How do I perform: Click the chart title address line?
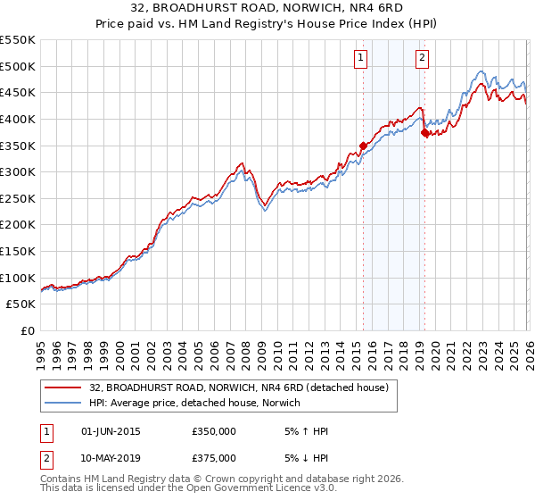click(267, 9)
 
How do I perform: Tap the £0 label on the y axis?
click(29, 330)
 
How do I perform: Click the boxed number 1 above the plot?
click(361, 59)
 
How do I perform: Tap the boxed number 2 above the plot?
click(422, 59)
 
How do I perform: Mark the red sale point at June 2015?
click(363, 146)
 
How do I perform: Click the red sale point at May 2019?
click(424, 132)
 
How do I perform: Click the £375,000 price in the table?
click(214, 458)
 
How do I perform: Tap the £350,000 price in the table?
click(214, 431)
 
